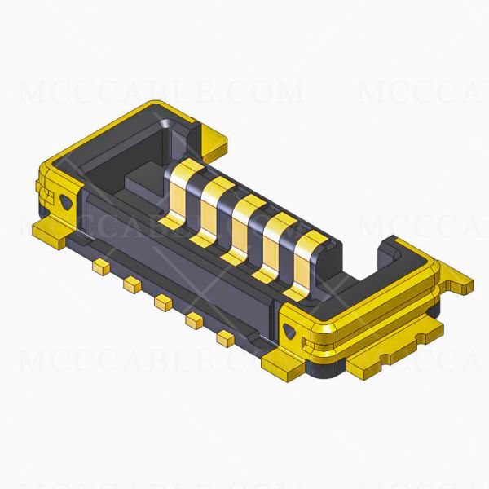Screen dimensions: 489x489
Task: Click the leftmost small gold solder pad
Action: point(101,267)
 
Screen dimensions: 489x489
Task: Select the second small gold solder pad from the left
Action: point(130,284)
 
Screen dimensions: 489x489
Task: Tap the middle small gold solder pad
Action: point(161,302)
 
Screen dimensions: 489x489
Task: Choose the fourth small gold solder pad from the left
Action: point(194,321)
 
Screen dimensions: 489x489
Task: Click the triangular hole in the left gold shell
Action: point(67,200)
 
